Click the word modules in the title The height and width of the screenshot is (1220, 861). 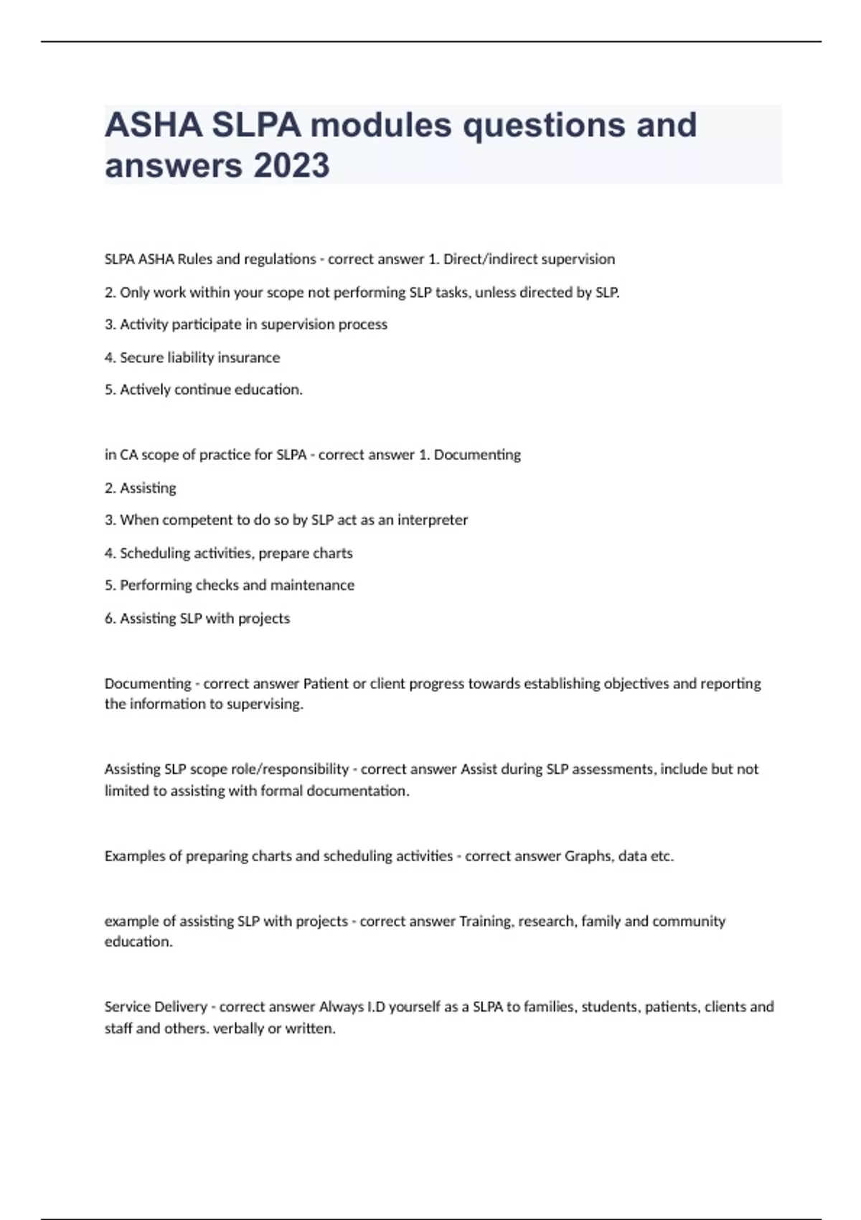(x=381, y=125)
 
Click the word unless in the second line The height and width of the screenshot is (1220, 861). (x=495, y=292)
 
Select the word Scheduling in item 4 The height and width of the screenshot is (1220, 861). (x=155, y=553)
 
